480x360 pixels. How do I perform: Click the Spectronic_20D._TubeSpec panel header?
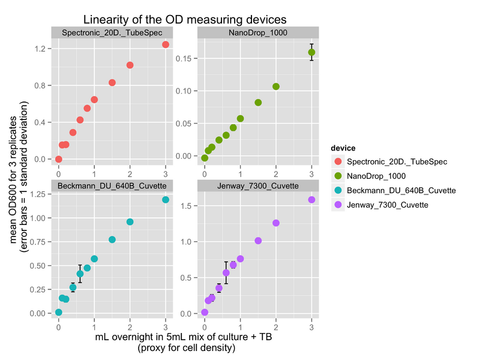pyautogui.click(x=112, y=32)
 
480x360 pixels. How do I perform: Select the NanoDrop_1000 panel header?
pyautogui.click(x=258, y=32)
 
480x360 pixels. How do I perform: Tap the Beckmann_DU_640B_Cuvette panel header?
pyautogui.click(x=112, y=185)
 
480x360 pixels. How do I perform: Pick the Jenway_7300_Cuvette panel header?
pyautogui.click(x=258, y=185)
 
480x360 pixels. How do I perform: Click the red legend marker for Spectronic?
pyautogui.click(x=337, y=161)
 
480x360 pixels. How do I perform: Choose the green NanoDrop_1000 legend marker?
pyautogui.click(x=337, y=176)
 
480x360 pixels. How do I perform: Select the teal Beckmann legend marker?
pyautogui.click(x=337, y=190)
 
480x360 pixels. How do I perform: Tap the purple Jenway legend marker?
pyautogui.click(x=337, y=205)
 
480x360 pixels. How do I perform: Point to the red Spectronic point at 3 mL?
pyautogui.click(x=166, y=45)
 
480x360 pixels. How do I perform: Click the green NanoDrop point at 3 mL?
pyautogui.click(x=311, y=52)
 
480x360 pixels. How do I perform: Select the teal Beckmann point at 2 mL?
pyautogui.click(x=130, y=222)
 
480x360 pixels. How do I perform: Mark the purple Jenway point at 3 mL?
pyautogui.click(x=311, y=200)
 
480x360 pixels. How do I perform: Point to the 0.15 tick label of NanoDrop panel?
pyautogui.click(x=186, y=59)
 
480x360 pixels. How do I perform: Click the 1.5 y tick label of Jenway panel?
pyautogui.click(x=188, y=206)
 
